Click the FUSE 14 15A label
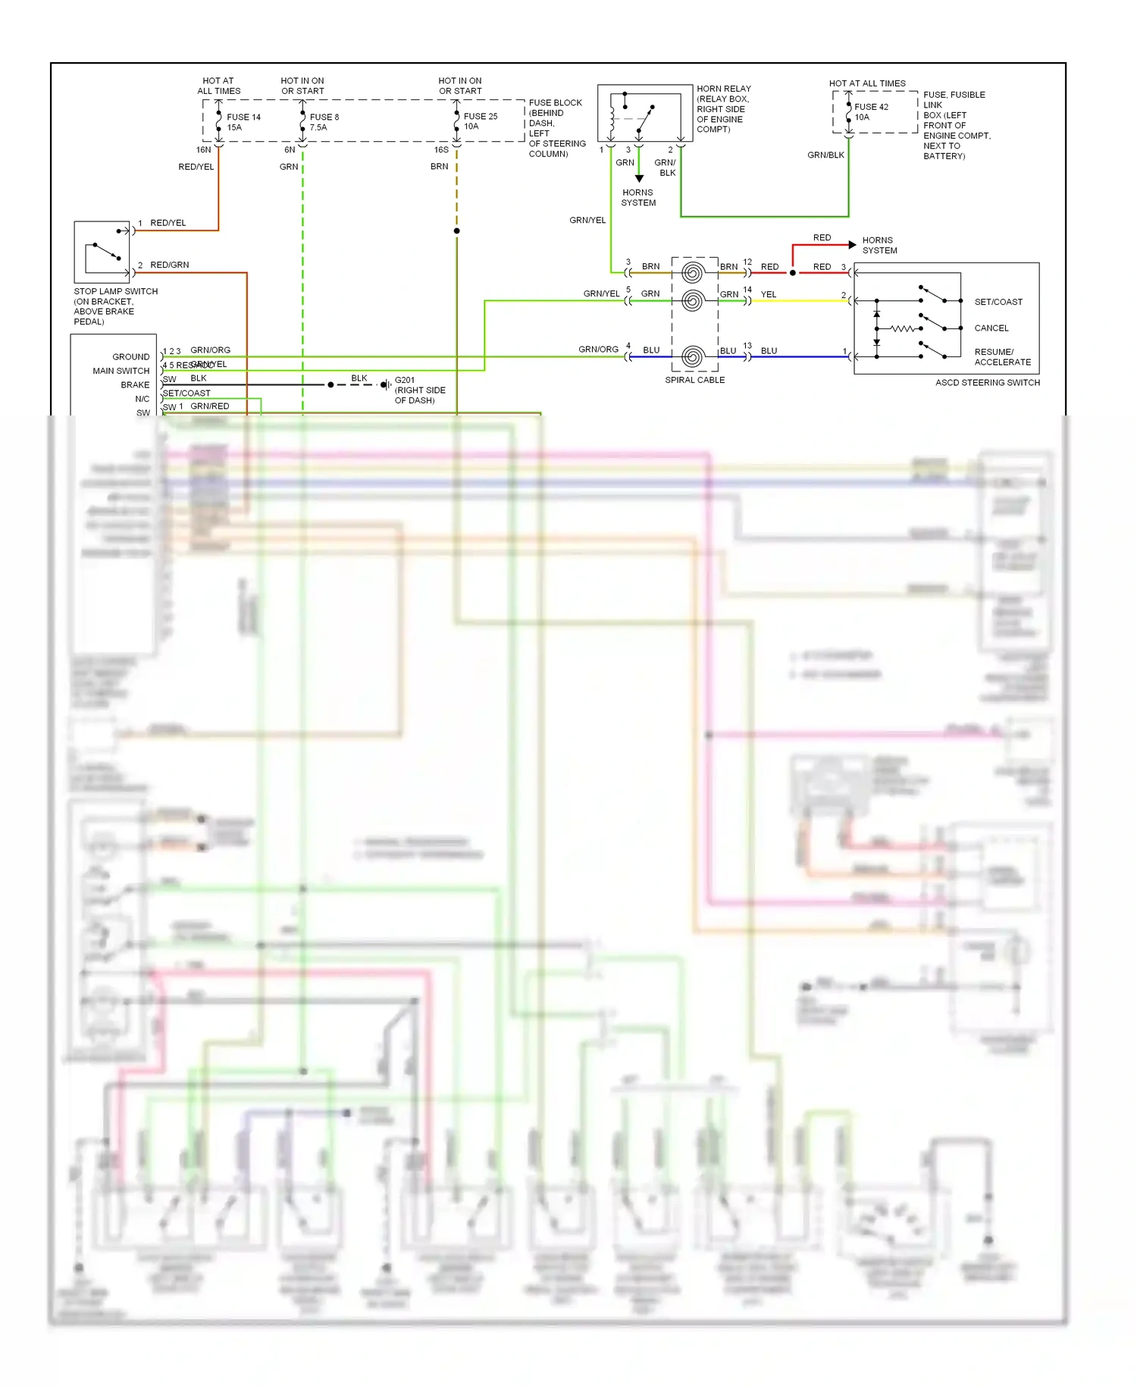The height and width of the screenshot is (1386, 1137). (243, 122)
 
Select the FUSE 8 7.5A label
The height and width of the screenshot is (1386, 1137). (324, 122)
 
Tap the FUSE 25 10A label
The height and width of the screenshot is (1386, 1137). (481, 121)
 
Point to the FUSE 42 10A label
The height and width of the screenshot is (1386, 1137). (871, 112)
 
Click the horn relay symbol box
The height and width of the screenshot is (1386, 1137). (644, 113)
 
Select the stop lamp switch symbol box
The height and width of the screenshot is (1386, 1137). (102, 252)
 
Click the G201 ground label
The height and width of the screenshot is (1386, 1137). (405, 381)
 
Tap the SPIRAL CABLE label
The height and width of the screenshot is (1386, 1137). (694, 380)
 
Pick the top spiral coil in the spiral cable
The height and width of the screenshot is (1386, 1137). (692, 272)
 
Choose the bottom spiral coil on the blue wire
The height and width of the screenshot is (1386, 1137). (692, 356)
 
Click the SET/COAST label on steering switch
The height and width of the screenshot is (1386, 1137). (998, 302)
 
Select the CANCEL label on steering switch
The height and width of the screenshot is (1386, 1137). (991, 328)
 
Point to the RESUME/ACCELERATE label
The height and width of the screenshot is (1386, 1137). (1001, 357)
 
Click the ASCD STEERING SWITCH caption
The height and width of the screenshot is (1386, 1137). (987, 383)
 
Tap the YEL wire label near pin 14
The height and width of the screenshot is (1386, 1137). (769, 294)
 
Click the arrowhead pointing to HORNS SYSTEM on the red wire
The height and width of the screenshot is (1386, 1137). (853, 245)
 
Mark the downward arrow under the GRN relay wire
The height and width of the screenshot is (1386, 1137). (639, 178)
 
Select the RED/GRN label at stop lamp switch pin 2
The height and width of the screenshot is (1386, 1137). (169, 265)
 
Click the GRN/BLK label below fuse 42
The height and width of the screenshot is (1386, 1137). (825, 155)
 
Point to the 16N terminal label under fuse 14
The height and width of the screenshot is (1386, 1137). (203, 150)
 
